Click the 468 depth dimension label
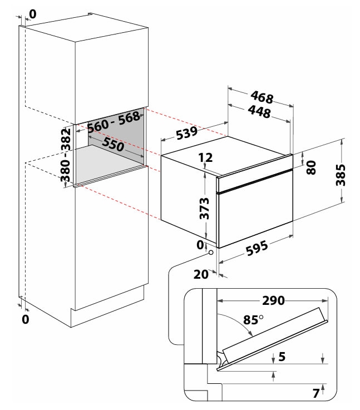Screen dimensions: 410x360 coord(262,98)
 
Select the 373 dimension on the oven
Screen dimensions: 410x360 coord(205,208)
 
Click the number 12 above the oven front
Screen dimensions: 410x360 coord(205,158)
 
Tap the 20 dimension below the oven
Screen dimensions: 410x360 coord(200,274)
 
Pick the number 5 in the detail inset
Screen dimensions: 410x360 coord(282,358)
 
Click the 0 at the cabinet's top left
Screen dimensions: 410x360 coord(32,14)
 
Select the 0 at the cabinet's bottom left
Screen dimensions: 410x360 coord(26,319)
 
